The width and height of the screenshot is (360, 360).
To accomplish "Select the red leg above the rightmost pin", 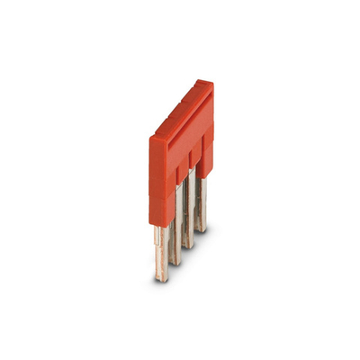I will coord(207,153).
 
